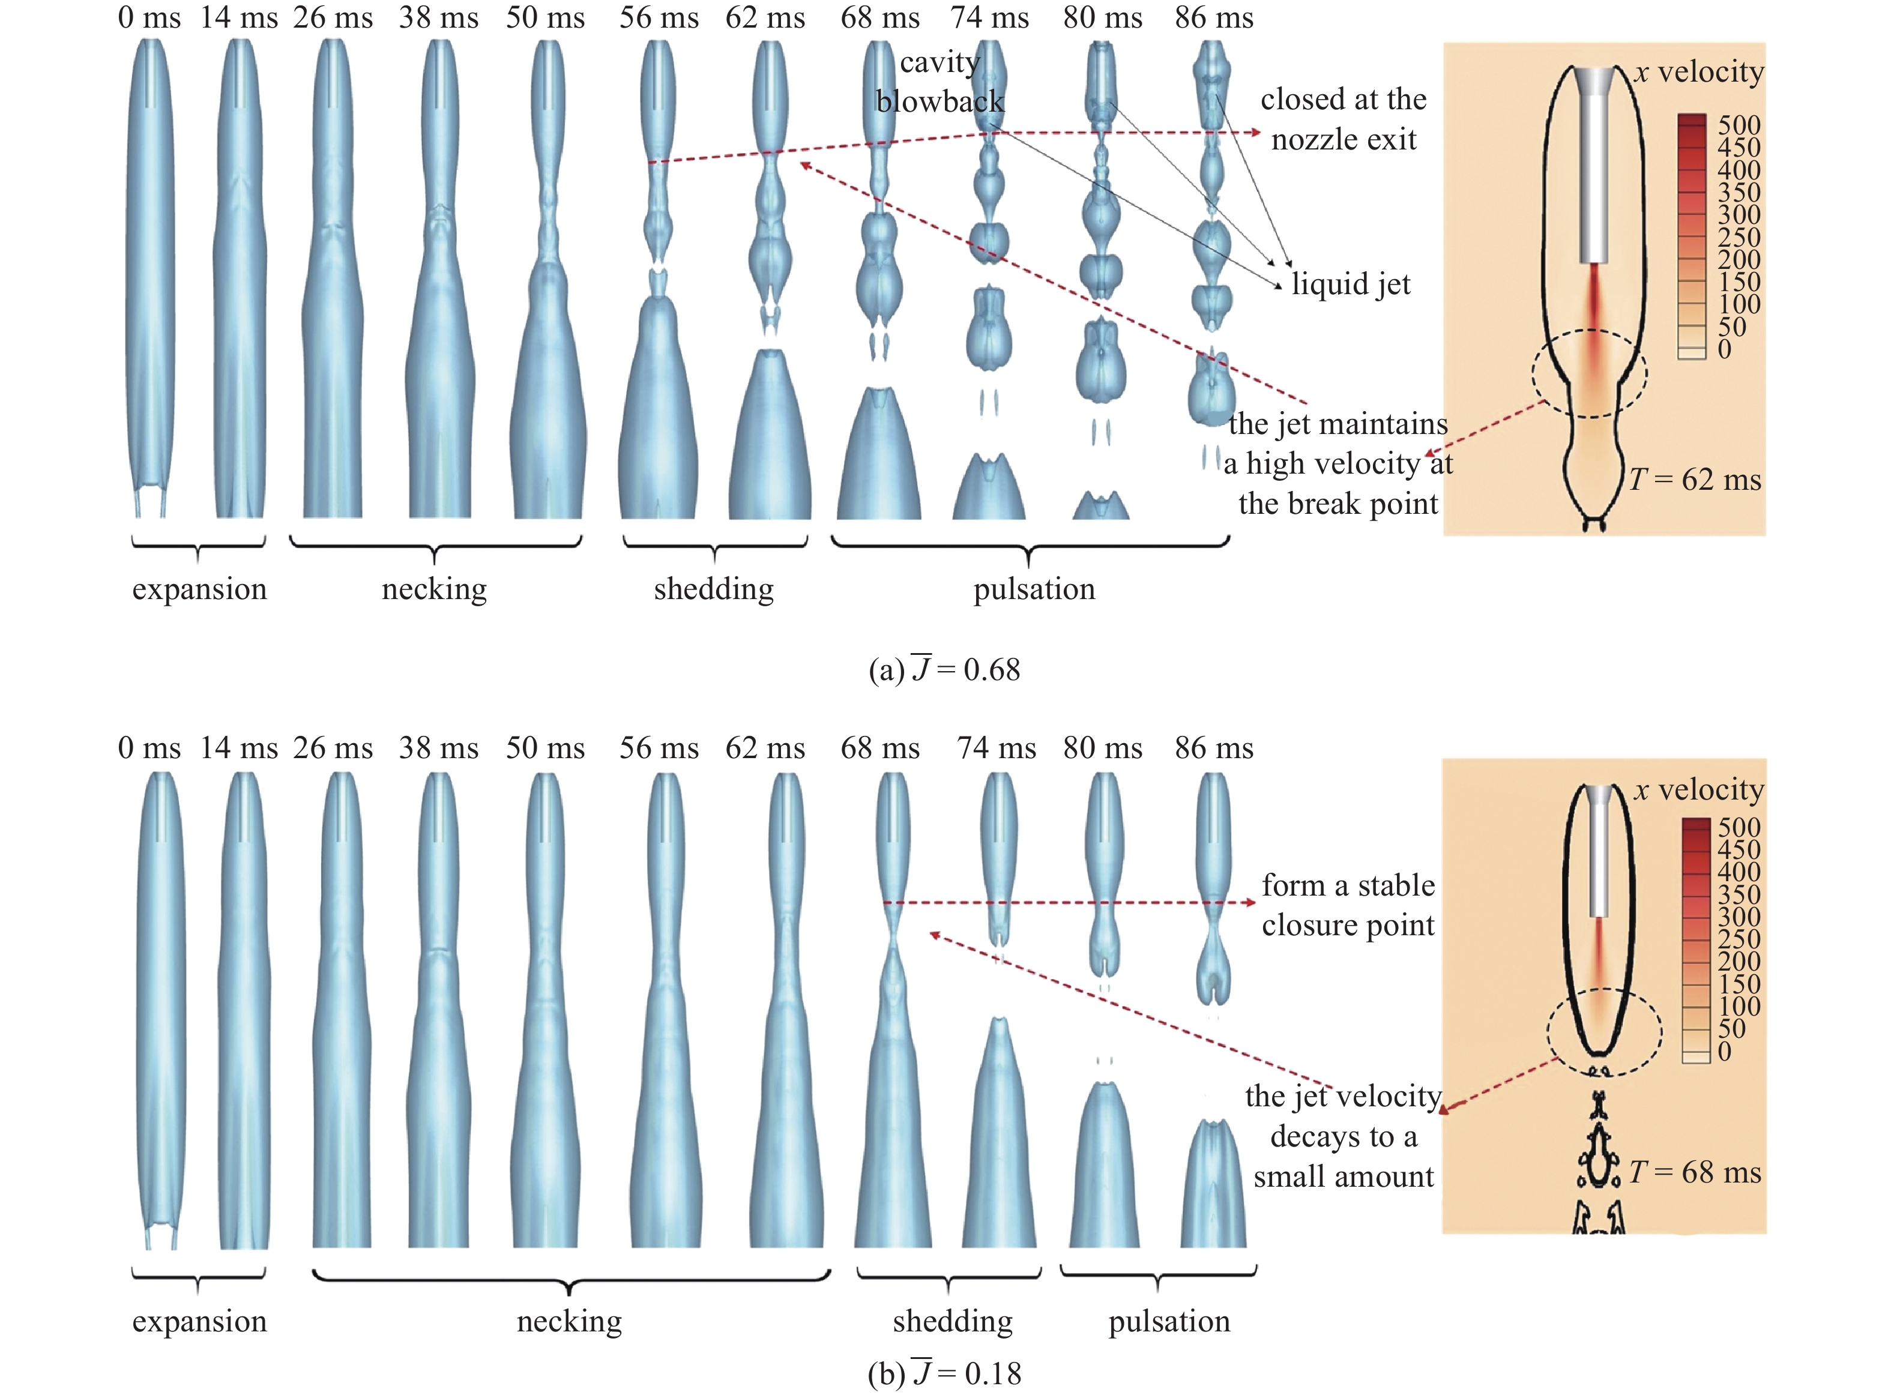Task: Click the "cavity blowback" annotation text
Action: pos(940,82)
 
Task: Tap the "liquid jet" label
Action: pos(1351,284)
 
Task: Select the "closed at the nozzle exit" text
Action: pos(1344,119)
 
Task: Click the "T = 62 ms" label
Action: pos(1695,480)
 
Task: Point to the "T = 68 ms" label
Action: pos(1695,1172)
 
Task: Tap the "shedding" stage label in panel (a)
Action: pos(714,589)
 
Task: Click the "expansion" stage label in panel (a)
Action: pos(199,589)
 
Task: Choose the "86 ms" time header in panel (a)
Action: pos(1214,18)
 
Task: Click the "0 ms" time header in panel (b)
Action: pos(149,747)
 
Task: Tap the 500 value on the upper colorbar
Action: pos(1739,125)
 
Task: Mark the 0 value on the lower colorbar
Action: pos(1725,1051)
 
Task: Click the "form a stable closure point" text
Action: pos(1348,905)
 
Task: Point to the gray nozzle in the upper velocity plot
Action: pos(1594,164)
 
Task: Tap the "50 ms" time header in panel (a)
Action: pos(546,18)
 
